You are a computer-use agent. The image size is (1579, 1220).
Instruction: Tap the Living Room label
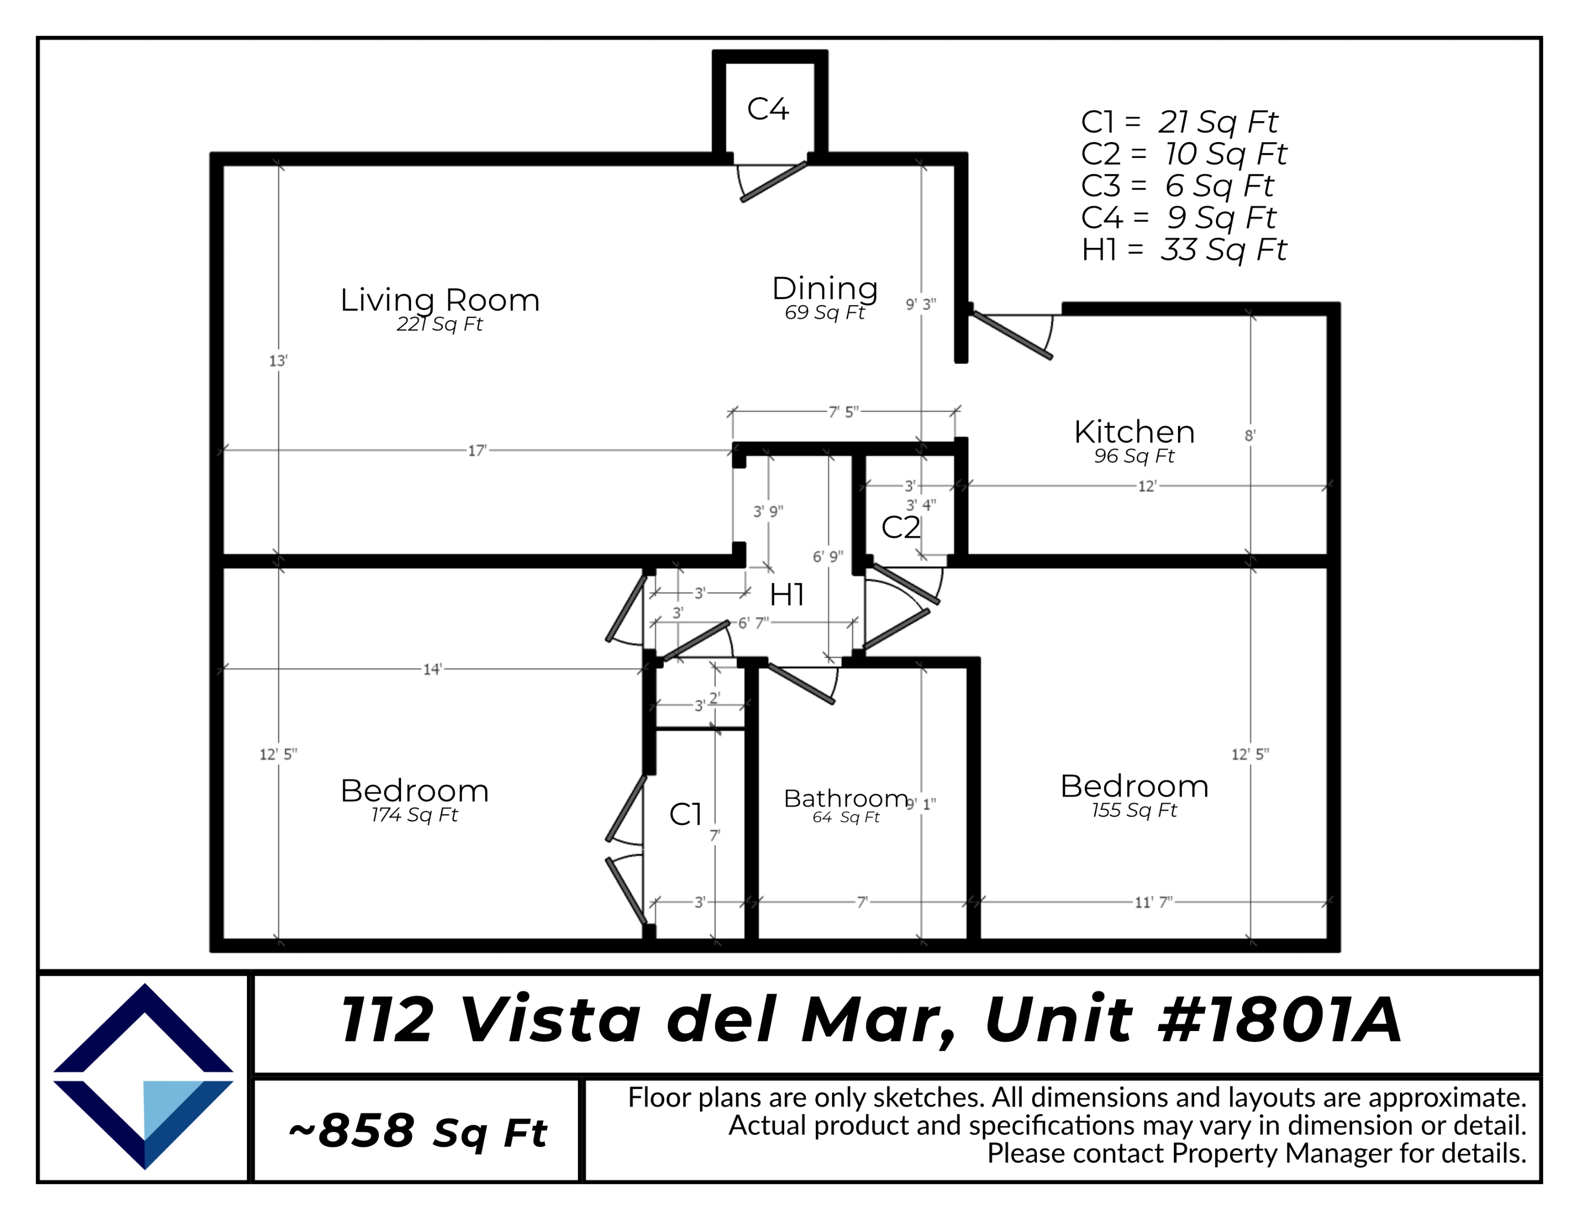coord(439,300)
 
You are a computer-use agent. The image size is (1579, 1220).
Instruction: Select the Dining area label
coord(825,288)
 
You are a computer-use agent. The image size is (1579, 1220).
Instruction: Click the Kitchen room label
coord(1134,432)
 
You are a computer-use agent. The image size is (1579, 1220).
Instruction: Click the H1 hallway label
coord(787,595)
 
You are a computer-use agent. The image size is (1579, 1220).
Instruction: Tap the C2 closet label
coord(900,527)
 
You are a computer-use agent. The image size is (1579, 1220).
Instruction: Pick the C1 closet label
coord(685,815)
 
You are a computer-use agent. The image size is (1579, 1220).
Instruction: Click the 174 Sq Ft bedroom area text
coord(414,815)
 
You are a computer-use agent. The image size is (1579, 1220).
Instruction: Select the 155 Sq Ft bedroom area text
coord(1134,810)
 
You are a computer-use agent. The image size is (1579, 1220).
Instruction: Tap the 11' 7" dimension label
coord(1153,903)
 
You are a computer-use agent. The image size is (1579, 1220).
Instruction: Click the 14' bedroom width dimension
coord(432,669)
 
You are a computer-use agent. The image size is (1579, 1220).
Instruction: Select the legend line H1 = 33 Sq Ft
coord(1184,250)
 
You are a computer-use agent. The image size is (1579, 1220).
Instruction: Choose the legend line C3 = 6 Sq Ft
coord(1176,186)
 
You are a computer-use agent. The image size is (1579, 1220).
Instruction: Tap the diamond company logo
coord(143,1076)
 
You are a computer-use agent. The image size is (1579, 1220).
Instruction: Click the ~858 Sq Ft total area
coord(417,1132)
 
